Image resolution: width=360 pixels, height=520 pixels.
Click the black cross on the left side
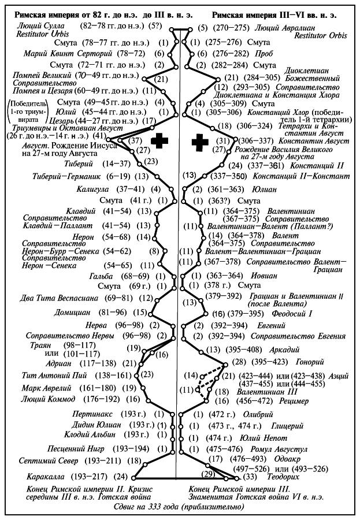(155, 141)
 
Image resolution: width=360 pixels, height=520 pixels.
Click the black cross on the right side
(201, 141)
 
